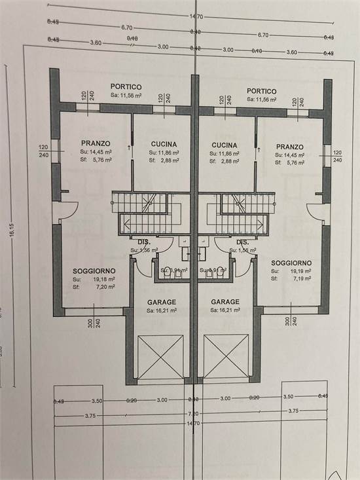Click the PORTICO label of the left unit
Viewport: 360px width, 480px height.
pyautogui.click(x=126, y=87)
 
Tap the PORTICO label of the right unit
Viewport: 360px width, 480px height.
pyautogui.click(x=262, y=91)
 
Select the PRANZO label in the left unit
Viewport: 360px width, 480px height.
pyautogui.click(x=96, y=143)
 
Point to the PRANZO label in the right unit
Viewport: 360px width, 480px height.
pyautogui.click(x=289, y=147)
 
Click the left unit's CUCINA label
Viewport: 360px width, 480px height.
pyautogui.click(x=164, y=144)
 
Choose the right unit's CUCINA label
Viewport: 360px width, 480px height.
pyautogui.click(x=225, y=145)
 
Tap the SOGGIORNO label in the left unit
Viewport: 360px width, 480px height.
pyautogui.click(x=94, y=270)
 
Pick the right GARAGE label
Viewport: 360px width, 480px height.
pyautogui.click(x=225, y=302)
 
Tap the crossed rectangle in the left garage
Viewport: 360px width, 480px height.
pyautogui.click(x=160, y=356)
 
